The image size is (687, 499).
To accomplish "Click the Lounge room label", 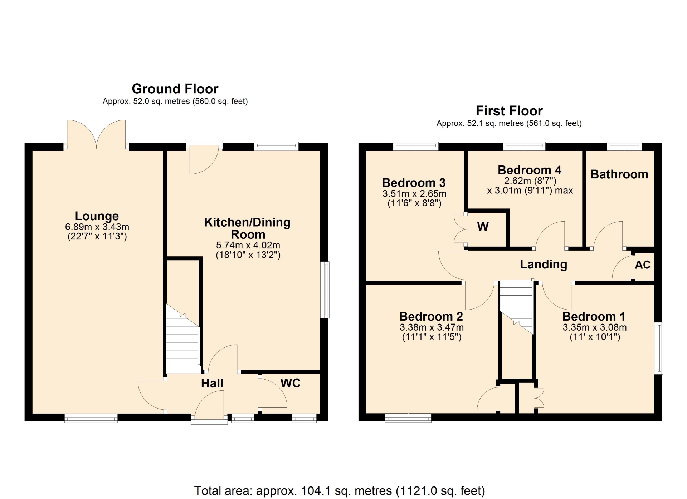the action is (97, 216).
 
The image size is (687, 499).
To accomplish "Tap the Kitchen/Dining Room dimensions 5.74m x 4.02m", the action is (248, 246).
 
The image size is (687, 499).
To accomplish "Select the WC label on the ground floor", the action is (291, 383).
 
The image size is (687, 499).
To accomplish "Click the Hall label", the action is (212, 383).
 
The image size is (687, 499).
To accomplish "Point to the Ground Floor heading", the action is (175, 89).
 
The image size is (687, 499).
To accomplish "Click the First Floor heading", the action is (509, 111).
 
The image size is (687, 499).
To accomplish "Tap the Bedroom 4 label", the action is (530, 170).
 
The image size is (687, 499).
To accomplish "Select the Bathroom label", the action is (619, 174).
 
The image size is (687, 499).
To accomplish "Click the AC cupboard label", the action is (643, 265).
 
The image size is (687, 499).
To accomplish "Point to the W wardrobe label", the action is (483, 227).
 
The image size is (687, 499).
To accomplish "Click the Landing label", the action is (544, 265).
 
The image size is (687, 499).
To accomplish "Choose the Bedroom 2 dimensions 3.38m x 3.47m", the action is (432, 327).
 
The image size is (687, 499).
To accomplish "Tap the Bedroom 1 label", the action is (594, 316).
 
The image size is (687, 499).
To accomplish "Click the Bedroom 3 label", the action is (414, 183).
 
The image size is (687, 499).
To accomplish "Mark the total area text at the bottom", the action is (340, 491).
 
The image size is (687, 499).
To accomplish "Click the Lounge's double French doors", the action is (96, 135).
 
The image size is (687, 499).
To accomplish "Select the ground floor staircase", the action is (182, 339).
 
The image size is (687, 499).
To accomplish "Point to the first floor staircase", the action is (516, 307).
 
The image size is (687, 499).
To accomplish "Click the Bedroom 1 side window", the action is (659, 348).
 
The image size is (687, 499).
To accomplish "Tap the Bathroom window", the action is (624, 146).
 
